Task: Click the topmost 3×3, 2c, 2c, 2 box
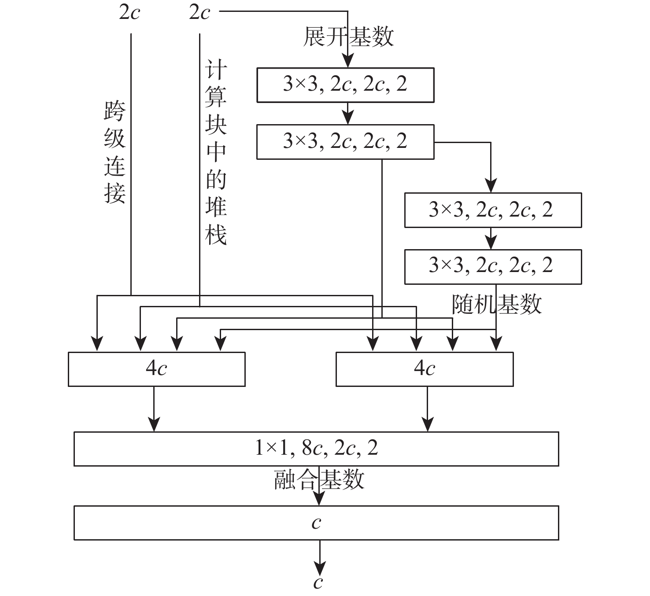coord(345,85)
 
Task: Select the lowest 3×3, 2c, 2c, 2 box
coord(493,267)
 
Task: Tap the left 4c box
coord(156,369)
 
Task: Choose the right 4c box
coord(424,369)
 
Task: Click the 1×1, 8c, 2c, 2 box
coord(316,449)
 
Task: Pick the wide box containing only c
coord(316,523)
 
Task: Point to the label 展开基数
coord(348,37)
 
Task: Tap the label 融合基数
coord(319,479)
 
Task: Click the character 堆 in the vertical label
coord(216,207)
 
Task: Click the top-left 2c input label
coord(129,12)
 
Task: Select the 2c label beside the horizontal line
coord(199,12)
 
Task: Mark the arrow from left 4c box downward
coord(154,409)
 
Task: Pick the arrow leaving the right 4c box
coord(427,409)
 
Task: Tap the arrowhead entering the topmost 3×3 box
coord(348,62)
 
